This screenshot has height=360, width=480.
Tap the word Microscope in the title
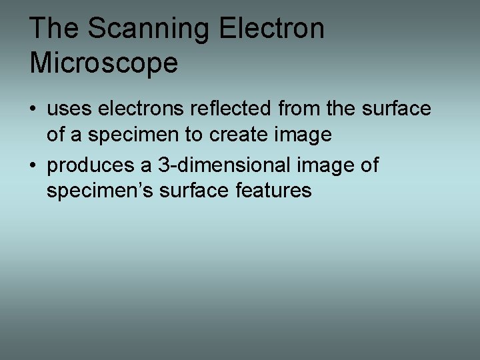tap(104, 63)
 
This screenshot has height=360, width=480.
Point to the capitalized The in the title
tap(54, 29)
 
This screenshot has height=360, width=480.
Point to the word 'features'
tap(273, 191)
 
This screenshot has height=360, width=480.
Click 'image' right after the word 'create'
tap(304, 135)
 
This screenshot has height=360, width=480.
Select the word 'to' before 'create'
tap(194, 135)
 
